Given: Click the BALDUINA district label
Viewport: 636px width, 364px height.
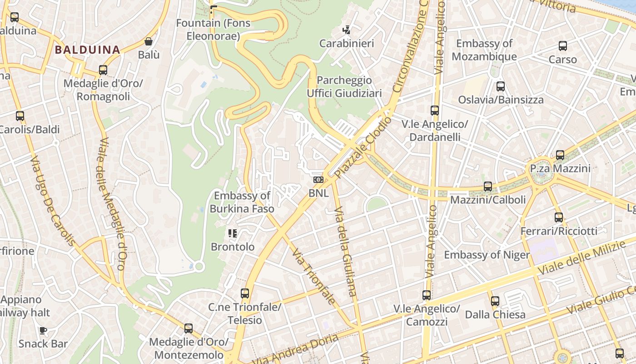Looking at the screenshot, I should point(88,50).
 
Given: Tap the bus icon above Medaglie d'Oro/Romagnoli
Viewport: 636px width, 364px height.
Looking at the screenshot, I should point(103,70).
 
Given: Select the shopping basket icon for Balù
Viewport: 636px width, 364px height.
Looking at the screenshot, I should point(149,42).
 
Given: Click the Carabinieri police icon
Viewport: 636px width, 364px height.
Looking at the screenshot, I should point(347,30).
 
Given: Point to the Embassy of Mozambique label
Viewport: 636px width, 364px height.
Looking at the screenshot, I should point(484,50).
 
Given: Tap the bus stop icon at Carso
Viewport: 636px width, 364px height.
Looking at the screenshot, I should point(563,46).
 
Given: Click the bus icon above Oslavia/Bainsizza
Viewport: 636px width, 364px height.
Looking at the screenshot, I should point(501,86).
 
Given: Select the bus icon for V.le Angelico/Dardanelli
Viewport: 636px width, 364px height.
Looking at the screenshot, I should point(435,111).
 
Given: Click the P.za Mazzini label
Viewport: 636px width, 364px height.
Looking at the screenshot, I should point(560,169).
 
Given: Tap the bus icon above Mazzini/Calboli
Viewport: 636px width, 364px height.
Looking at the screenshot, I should point(488,187).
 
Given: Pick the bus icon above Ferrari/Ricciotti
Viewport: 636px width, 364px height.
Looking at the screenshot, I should point(559,217).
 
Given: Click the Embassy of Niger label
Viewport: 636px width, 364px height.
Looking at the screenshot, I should point(487,255).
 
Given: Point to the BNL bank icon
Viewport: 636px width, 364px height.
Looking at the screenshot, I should point(318,180).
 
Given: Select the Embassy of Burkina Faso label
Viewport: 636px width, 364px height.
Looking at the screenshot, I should point(242,202).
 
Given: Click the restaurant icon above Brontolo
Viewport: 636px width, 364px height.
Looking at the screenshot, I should point(233,234).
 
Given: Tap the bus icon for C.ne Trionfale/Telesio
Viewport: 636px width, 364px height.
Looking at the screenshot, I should point(245,293).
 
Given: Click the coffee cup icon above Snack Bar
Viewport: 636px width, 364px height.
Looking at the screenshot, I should point(43,331).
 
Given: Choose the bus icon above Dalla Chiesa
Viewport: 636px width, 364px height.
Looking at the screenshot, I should point(495,301).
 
